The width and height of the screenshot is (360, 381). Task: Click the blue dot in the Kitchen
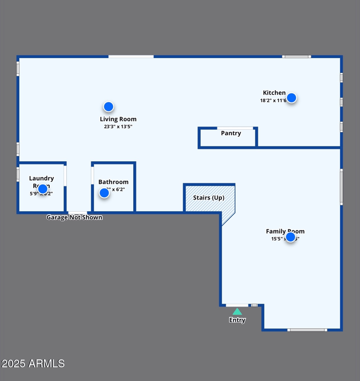point(292,98)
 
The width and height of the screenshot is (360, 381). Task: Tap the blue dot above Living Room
point(108,107)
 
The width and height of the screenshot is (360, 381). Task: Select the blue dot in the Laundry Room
point(43,189)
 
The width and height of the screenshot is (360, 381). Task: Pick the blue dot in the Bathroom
point(104,193)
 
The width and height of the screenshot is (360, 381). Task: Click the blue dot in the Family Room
point(291,237)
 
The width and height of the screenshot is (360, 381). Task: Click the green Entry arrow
point(237,312)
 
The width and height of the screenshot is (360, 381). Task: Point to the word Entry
point(237,320)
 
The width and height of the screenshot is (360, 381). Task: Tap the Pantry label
point(231,133)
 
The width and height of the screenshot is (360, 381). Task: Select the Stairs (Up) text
point(208,198)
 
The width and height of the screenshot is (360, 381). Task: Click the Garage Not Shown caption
point(74,218)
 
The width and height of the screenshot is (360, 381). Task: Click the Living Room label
point(118,119)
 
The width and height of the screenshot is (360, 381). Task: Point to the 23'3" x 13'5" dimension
point(118,127)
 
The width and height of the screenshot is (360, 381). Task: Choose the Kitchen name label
point(274,93)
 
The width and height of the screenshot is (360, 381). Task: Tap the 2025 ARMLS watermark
point(33,363)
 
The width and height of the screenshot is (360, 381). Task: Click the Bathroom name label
point(113,182)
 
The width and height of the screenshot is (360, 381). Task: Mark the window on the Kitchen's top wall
point(297,57)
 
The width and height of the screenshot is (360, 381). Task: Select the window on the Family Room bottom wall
point(307,330)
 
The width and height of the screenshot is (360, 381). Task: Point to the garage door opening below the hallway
point(77,213)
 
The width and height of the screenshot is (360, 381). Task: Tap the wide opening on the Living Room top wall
point(131,57)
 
